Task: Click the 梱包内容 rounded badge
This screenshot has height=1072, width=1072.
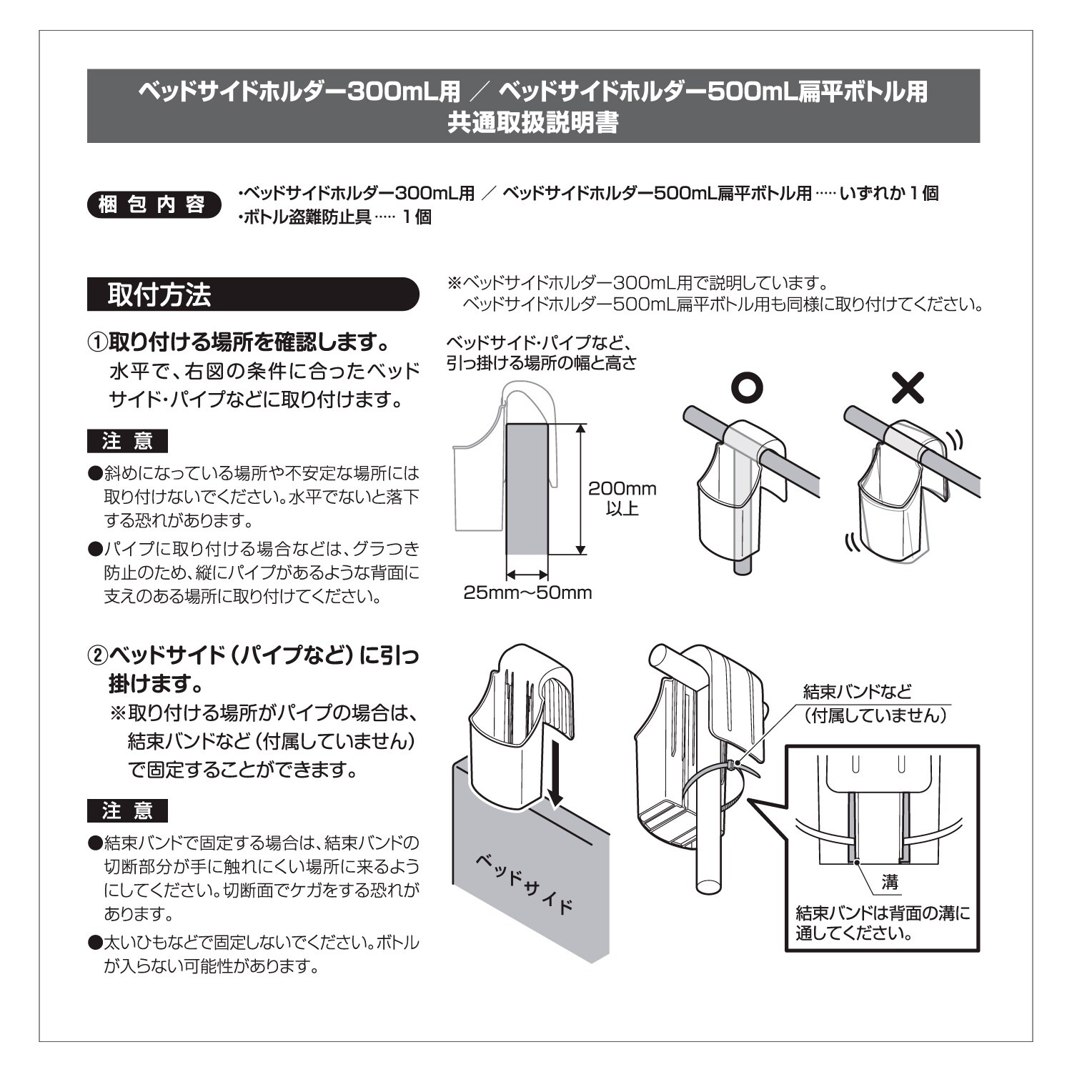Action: tap(152, 205)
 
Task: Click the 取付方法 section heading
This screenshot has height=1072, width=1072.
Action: tap(159, 294)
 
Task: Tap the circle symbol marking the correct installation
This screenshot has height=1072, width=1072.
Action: tap(748, 387)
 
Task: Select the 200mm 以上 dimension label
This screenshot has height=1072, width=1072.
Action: tap(622, 498)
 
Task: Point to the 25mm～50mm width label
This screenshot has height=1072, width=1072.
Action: tap(527, 592)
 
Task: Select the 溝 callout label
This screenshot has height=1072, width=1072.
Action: tap(890, 882)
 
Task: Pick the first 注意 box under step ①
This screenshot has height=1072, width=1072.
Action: tap(127, 441)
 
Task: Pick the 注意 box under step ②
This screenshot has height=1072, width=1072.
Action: tap(127, 810)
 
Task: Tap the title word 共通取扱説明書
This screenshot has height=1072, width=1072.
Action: tap(532, 123)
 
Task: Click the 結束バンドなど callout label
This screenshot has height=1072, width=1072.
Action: tap(858, 691)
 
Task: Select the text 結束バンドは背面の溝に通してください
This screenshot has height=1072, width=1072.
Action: tap(883, 923)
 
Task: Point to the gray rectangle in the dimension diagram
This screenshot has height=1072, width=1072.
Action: tap(527, 490)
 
